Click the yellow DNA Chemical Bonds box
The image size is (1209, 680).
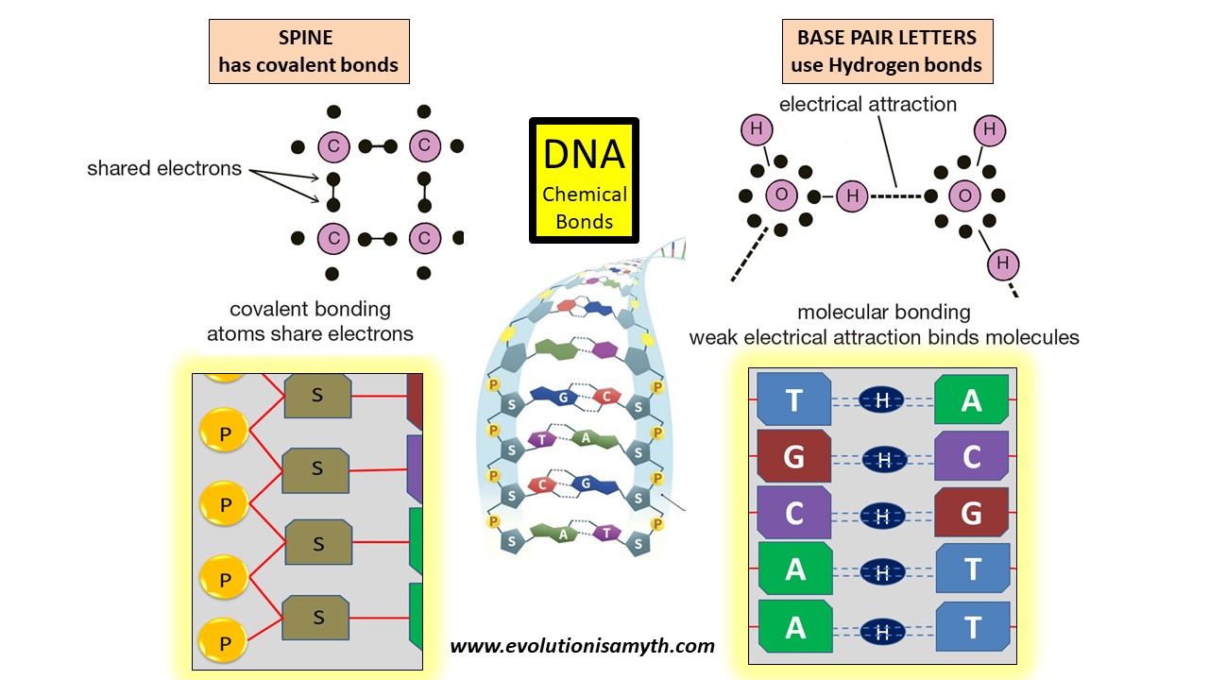click(584, 180)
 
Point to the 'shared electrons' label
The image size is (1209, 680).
click(164, 169)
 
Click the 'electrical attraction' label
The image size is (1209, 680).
click(867, 104)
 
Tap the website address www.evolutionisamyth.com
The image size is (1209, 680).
click(582, 647)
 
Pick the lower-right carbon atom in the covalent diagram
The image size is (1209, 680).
click(424, 239)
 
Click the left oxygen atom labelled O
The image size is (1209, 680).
click(780, 196)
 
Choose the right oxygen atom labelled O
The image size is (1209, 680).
click(964, 196)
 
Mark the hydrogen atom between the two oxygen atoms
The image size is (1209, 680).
click(852, 196)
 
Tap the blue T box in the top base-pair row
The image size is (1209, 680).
click(794, 399)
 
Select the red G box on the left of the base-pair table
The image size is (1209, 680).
click(794, 456)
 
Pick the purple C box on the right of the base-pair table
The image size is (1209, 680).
click(971, 456)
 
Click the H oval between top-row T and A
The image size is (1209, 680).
click(882, 400)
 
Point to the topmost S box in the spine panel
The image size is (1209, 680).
click(317, 394)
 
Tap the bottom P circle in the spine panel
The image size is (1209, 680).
click(225, 639)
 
